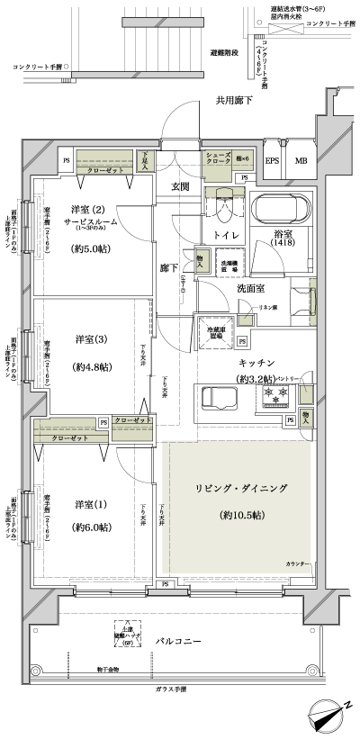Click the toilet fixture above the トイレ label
point(220,209)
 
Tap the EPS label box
point(273,161)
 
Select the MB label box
point(301,161)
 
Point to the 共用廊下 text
point(234,102)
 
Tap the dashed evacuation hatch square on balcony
point(123,633)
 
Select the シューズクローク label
point(217,159)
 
